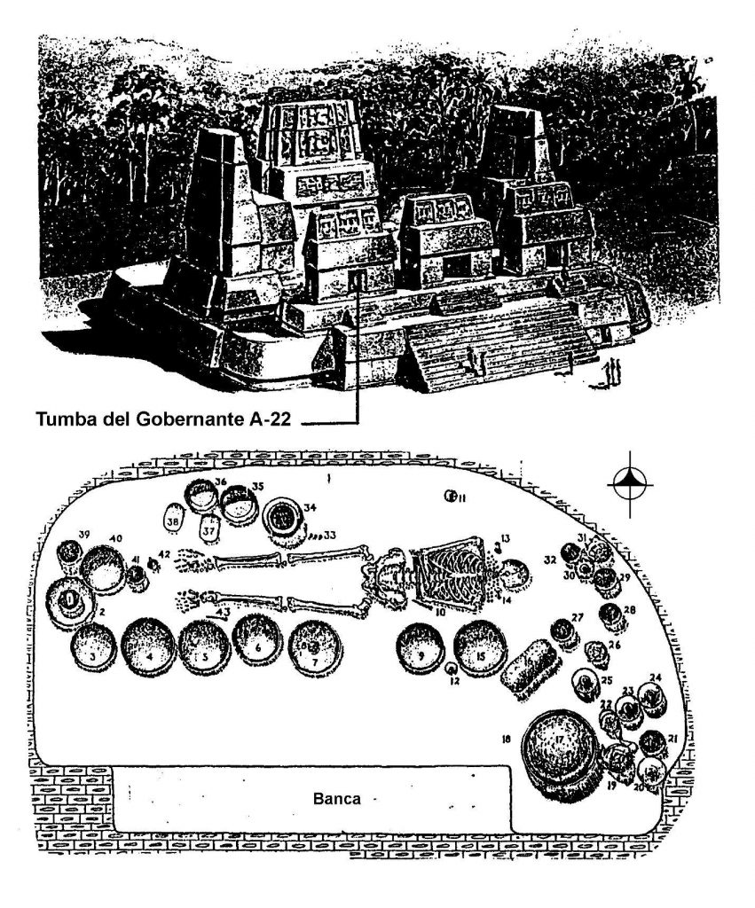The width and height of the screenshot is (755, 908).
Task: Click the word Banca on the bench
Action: pyautogui.click(x=337, y=797)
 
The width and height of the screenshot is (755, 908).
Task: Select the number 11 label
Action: pyautogui.click(x=459, y=498)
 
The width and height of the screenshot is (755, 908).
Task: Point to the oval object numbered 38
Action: pyautogui.click(x=175, y=516)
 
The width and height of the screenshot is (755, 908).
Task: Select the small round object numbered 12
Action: pyautogui.click(x=452, y=668)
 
